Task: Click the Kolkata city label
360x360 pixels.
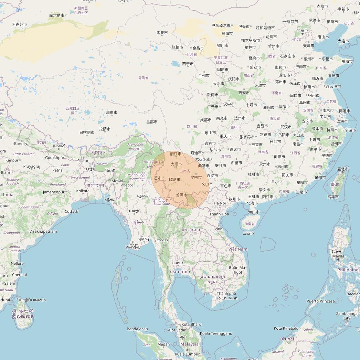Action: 83,191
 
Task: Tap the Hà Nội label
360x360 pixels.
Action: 220,203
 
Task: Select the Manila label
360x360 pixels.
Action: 338,256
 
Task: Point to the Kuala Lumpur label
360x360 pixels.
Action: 187,354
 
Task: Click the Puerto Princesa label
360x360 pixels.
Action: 320,301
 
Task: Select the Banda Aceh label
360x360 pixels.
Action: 137,329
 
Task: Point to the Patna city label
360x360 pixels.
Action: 57,170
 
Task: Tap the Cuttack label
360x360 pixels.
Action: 72,211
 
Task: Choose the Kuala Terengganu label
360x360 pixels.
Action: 216,333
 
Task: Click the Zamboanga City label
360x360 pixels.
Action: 347,316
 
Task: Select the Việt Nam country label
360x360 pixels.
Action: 237,249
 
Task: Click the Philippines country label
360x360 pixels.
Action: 348,270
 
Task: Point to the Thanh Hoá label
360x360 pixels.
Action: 219,214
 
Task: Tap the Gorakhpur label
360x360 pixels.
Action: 55,158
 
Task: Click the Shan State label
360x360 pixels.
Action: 162,204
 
